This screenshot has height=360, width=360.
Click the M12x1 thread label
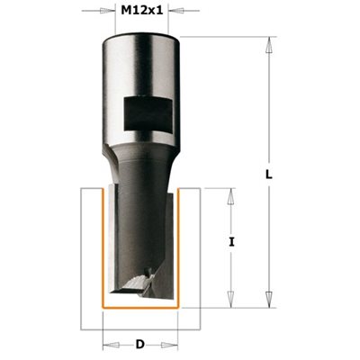(141, 11)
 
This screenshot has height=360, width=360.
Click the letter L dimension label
(269, 175)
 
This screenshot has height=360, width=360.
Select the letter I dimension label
(231, 242)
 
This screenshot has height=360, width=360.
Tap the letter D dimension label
(140, 345)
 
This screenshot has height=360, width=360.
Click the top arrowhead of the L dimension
(269, 45)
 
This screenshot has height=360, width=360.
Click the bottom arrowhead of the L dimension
(269, 299)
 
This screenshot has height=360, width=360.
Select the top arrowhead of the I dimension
(230, 196)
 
